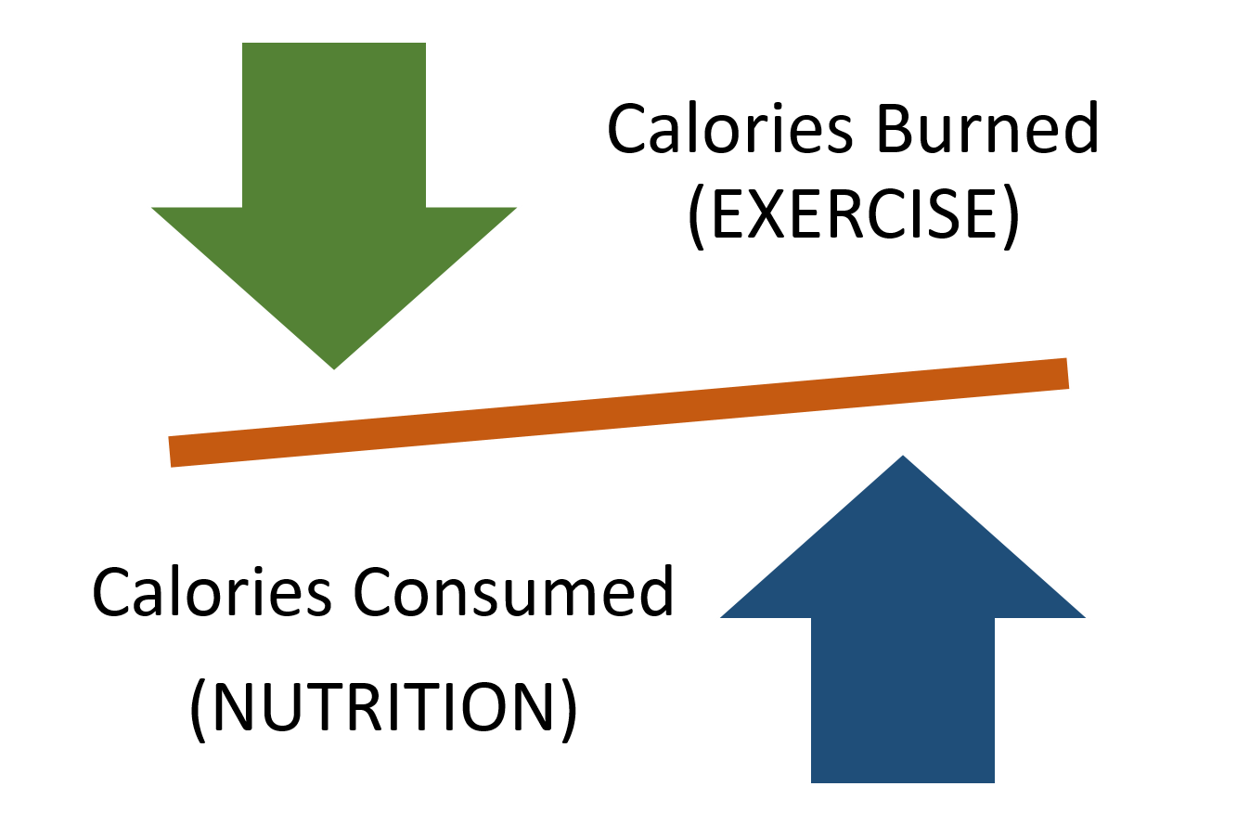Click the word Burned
point(988,129)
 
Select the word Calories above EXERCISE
point(730,129)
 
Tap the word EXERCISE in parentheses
point(854,214)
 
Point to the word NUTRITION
point(383,707)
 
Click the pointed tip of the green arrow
point(334,368)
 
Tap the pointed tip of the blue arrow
point(903,456)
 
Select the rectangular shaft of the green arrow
point(334,125)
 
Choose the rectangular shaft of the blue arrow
point(903,700)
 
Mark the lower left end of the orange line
point(170,452)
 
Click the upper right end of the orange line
point(1067,373)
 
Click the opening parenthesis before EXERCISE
point(698,217)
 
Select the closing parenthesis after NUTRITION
point(569,711)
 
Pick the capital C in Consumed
point(373,592)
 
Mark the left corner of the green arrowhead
point(153,208)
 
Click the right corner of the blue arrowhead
point(1085,617)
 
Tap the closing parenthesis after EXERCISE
point(1011,217)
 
